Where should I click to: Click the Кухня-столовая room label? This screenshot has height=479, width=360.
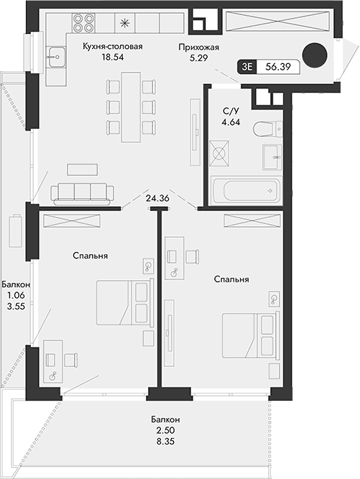(x=113, y=47)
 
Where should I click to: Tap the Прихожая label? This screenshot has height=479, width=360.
(x=199, y=47)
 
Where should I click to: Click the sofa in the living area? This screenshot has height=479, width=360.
(x=83, y=192)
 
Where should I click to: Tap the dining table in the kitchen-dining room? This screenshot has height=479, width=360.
(x=131, y=108)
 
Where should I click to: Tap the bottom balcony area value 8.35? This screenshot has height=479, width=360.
(x=165, y=442)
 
